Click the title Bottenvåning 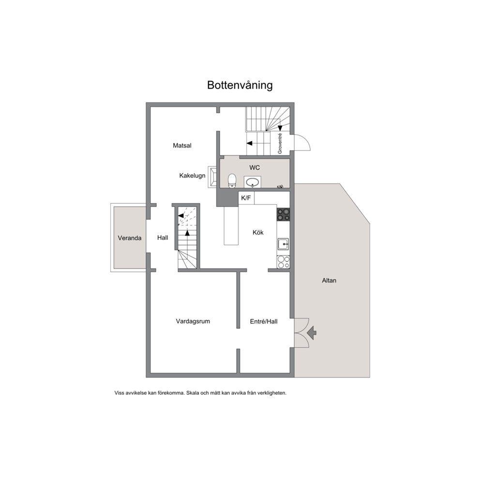pyautogui.click(x=240, y=85)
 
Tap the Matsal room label pyautogui.click(x=182, y=146)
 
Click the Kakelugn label pyautogui.click(x=192, y=176)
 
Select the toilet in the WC pyautogui.click(x=232, y=180)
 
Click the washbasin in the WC pyautogui.click(x=253, y=182)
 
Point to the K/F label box pyautogui.click(x=246, y=198)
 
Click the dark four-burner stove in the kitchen pyautogui.click(x=283, y=214)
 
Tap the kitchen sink pyautogui.click(x=283, y=244)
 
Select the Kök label pyautogui.click(x=258, y=232)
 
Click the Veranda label pyautogui.click(x=130, y=238)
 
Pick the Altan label pyautogui.click(x=329, y=281)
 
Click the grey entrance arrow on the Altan pyautogui.click(x=312, y=333)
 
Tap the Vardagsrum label pyautogui.click(x=193, y=321)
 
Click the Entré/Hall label pyautogui.click(x=264, y=321)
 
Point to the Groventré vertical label pyautogui.click(x=280, y=144)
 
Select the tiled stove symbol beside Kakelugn pyautogui.click(x=212, y=177)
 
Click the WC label pyautogui.click(x=255, y=168)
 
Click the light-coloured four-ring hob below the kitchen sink pyautogui.click(x=283, y=262)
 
